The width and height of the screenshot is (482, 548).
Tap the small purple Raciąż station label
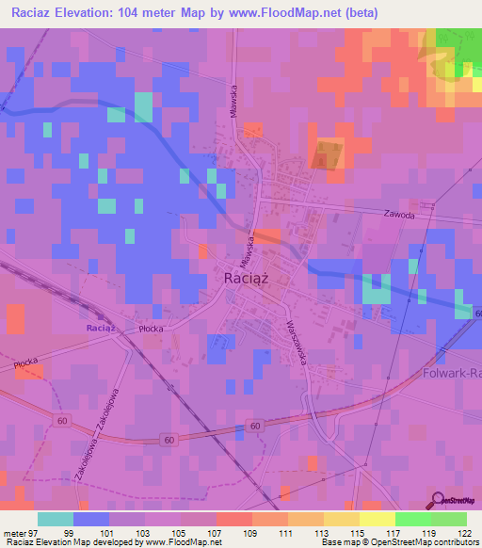tap(100, 328)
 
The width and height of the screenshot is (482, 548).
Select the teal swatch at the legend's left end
tap(56, 520)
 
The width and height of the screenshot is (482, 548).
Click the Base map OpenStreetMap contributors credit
tap(408, 542)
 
